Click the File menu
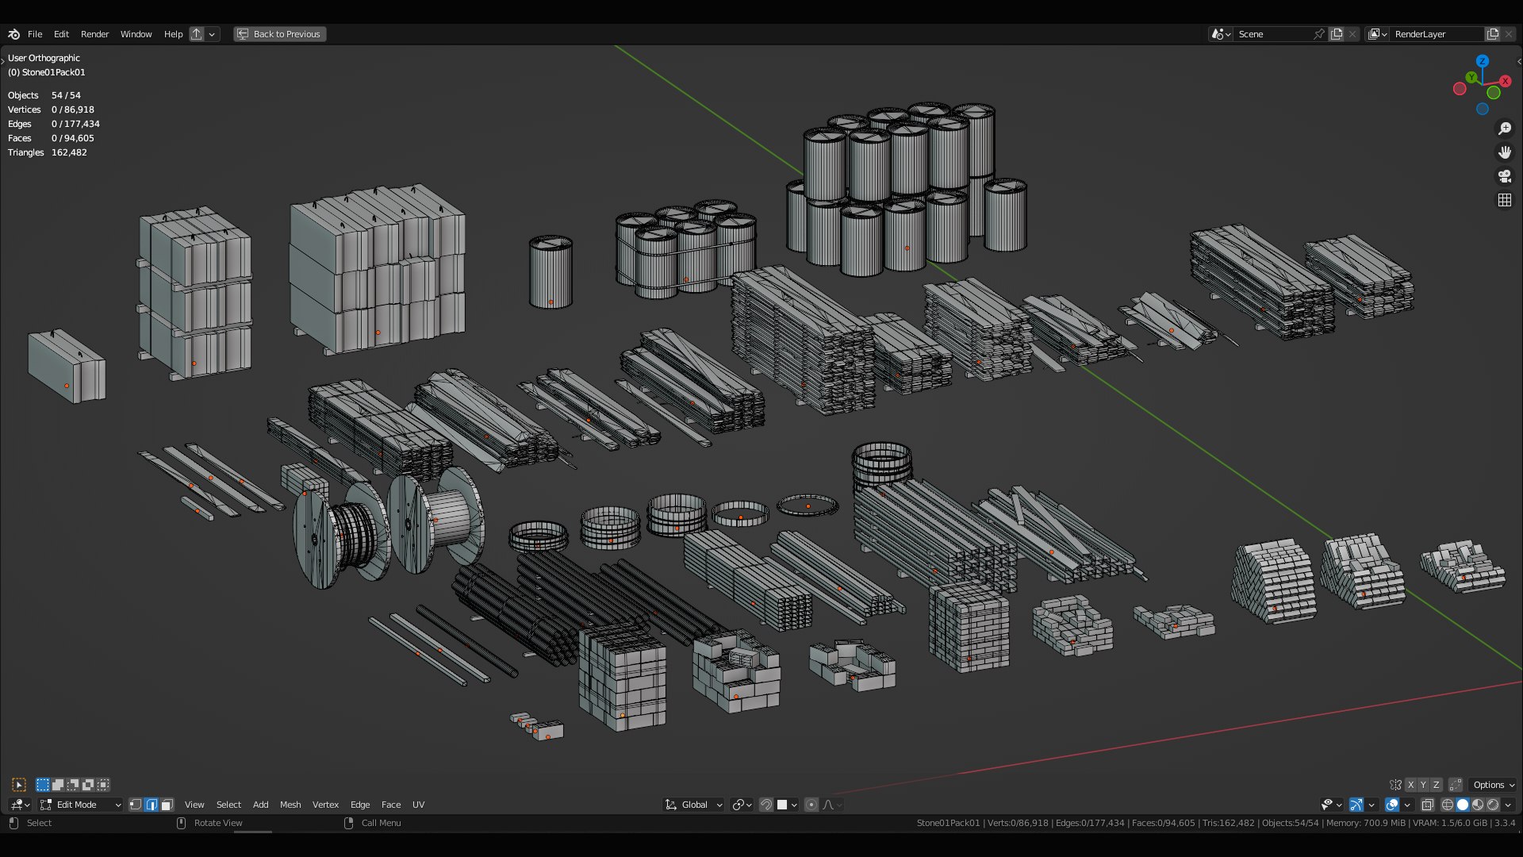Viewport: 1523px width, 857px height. [x=35, y=34]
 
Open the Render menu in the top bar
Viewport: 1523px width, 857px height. [x=94, y=34]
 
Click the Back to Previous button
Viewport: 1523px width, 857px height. [x=280, y=34]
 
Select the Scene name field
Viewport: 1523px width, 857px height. [x=1272, y=34]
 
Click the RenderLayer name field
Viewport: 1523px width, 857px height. [x=1435, y=34]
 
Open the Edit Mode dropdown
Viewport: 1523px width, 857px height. [x=80, y=805]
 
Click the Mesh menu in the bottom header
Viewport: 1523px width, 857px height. [x=290, y=805]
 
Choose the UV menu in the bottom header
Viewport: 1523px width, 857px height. [x=418, y=805]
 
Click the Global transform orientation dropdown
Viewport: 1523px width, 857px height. [x=694, y=805]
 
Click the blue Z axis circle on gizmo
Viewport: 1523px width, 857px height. [x=1482, y=61]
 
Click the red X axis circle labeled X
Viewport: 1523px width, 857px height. [x=1505, y=81]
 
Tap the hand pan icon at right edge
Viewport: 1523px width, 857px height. [x=1504, y=152]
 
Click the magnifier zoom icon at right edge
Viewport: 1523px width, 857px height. [x=1504, y=129]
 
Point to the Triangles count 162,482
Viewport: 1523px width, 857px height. [x=69, y=152]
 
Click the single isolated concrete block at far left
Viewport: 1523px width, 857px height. [x=67, y=367]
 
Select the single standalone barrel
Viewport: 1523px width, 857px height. [x=551, y=272]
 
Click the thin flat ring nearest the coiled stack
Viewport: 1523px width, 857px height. [x=808, y=505]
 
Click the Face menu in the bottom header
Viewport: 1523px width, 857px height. [x=391, y=805]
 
